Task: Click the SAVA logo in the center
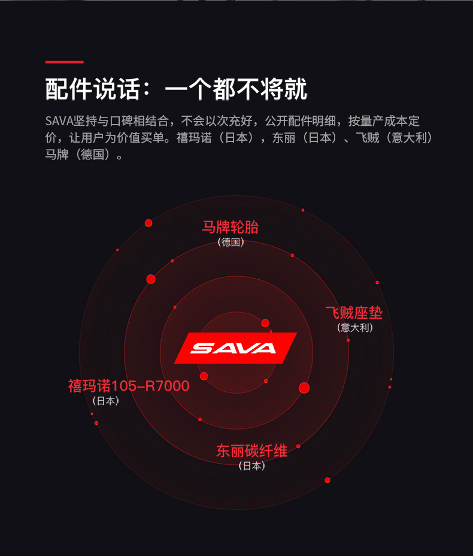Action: click(x=235, y=347)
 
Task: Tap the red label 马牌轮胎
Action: click(x=231, y=227)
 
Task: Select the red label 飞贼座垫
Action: click(x=354, y=313)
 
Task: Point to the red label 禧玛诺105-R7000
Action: click(x=129, y=386)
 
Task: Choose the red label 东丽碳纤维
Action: click(x=252, y=451)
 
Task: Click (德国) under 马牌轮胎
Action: click(x=231, y=243)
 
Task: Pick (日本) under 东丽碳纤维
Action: click(x=251, y=466)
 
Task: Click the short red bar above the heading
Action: click(x=65, y=62)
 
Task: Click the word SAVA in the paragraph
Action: click(x=59, y=120)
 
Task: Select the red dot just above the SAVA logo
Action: click(x=265, y=323)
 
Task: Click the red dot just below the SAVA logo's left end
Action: click(x=204, y=376)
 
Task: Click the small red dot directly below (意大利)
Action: click(x=348, y=340)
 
